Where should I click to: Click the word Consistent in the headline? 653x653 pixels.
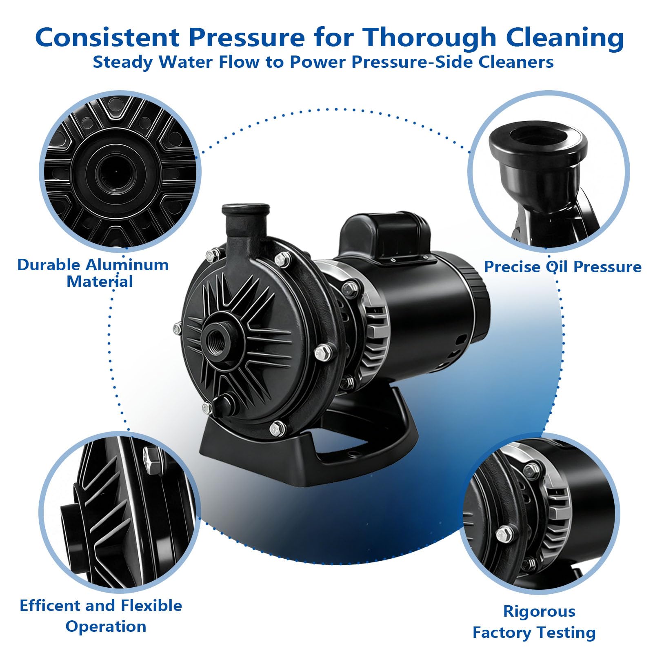(x=107, y=38)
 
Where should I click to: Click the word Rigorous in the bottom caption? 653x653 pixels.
(x=539, y=611)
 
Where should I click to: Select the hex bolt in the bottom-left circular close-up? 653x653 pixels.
(x=152, y=459)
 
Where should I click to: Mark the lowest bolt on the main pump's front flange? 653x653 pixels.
(x=277, y=427)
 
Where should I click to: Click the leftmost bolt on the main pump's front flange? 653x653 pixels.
(x=178, y=327)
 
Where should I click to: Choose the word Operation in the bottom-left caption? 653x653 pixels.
(x=106, y=626)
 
